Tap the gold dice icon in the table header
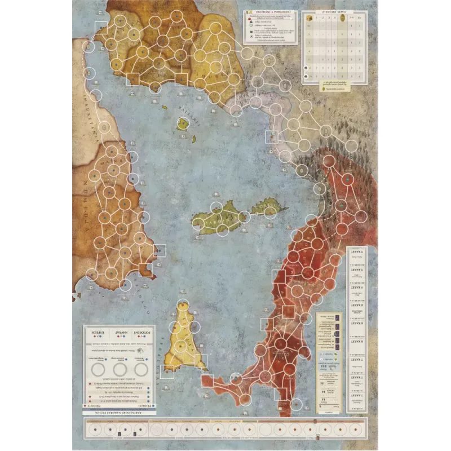(x=308, y=19)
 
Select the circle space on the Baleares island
(x=183, y=124)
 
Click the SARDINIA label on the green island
(x=217, y=220)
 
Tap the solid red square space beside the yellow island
(x=206, y=380)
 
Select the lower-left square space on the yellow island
(x=167, y=371)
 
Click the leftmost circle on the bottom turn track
(x=94, y=430)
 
